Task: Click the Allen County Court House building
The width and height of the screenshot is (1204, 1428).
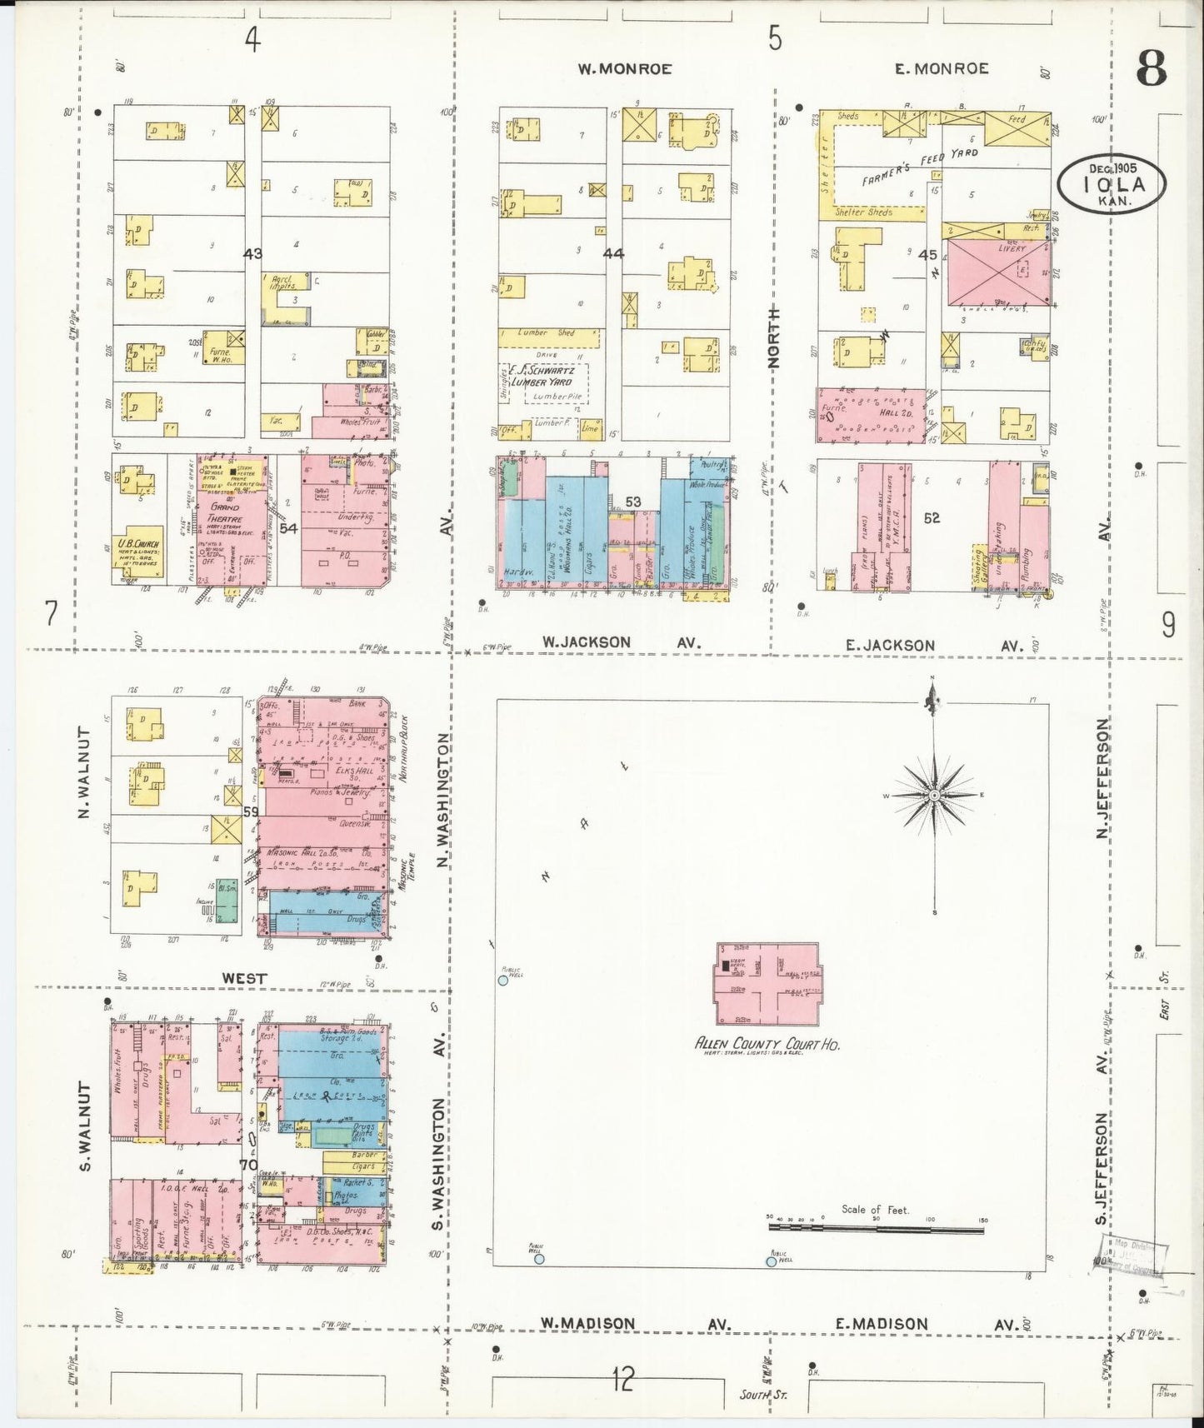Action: tap(767, 984)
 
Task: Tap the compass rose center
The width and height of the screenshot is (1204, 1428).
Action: tap(935, 796)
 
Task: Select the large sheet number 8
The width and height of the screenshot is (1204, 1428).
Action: tap(1152, 67)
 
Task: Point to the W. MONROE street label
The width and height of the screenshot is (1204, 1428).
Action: tap(624, 69)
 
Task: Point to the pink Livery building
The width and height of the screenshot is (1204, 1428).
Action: tap(998, 276)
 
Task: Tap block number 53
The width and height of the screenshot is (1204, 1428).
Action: tap(633, 502)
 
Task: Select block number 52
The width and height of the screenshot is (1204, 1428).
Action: tap(932, 517)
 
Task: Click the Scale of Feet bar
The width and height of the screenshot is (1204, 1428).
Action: tap(876, 1226)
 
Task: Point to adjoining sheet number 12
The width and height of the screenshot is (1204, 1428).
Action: tap(622, 1381)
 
